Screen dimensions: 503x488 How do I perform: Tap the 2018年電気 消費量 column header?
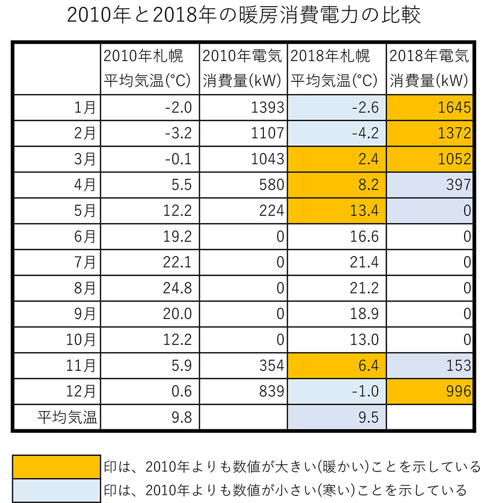[x=430, y=69]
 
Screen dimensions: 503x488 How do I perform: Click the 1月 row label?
[x=84, y=108]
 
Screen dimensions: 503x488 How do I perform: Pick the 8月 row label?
[x=84, y=289]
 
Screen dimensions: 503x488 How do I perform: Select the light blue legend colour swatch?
[x=56, y=490]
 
